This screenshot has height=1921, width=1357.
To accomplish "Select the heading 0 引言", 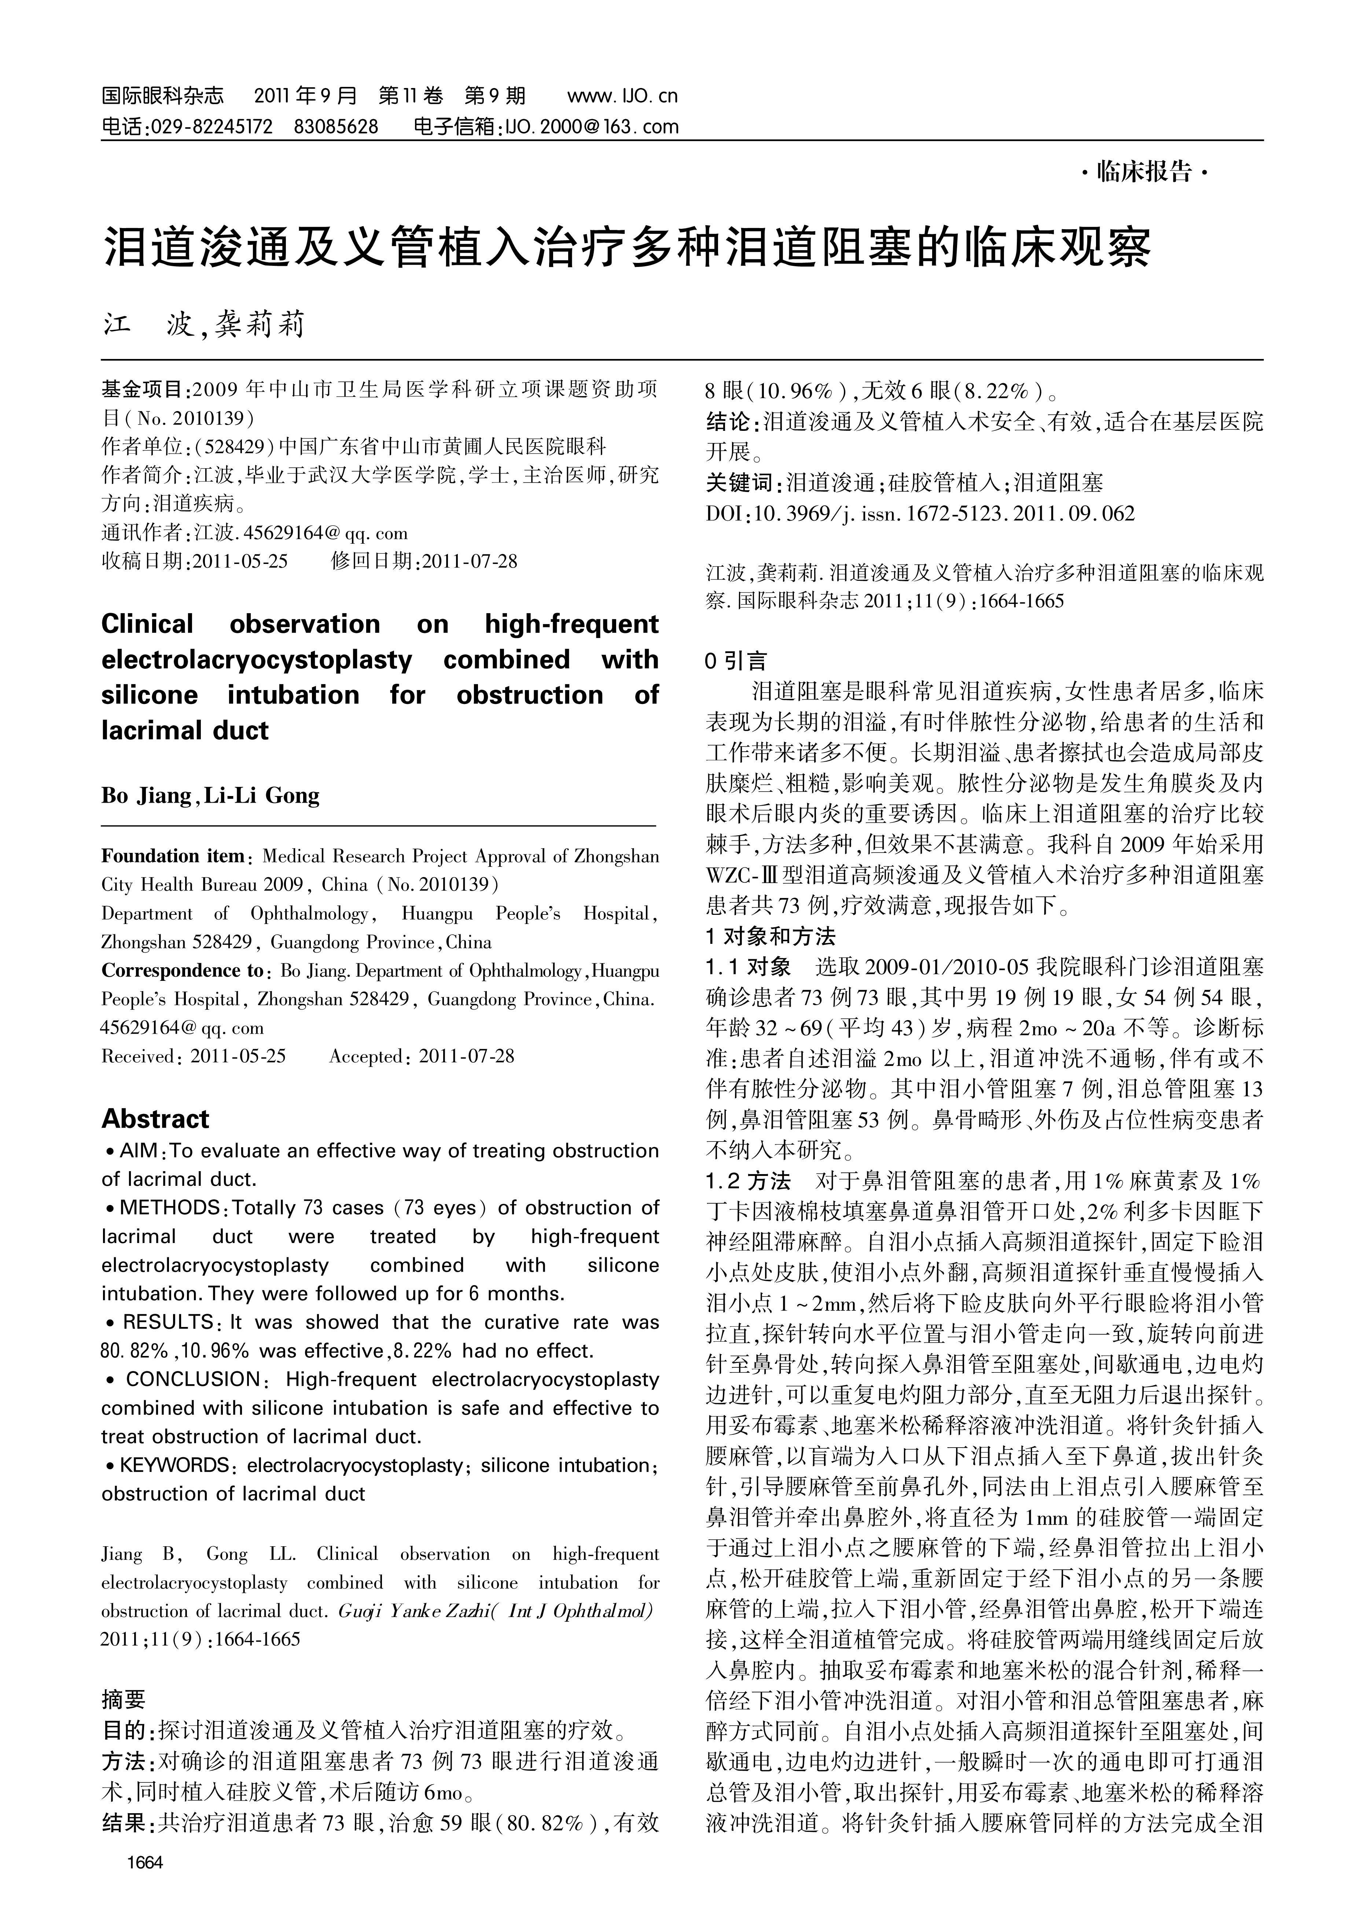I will (x=736, y=662).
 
